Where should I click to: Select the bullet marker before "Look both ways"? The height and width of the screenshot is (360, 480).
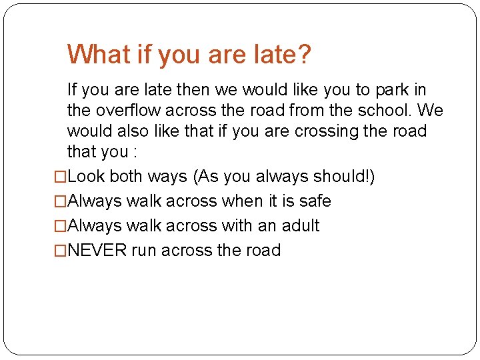click(61, 177)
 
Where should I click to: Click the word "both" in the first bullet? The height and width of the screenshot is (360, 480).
click(127, 177)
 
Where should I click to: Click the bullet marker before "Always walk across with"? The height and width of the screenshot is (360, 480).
click(61, 227)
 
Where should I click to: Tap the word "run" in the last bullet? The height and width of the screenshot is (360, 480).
click(144, 251)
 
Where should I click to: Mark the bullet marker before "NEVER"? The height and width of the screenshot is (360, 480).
click(61, 251)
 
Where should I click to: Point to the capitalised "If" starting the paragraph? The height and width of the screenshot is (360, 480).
click(72, 90)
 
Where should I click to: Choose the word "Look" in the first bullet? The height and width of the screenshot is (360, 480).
click(86, 177)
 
